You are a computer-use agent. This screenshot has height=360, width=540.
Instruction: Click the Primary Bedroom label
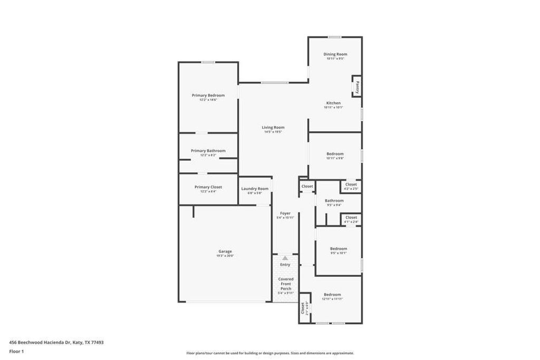pos(208,95)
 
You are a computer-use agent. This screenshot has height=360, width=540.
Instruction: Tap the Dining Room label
pos(335,54)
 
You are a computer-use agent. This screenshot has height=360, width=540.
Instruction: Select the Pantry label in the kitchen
pos(357,86)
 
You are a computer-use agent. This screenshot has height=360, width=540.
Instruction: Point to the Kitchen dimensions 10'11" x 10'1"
pos(333,108)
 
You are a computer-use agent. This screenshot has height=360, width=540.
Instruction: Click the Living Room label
pos(273,128)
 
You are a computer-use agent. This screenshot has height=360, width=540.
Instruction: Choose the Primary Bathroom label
pos(208,151)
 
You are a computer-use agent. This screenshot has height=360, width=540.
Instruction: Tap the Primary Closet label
pos(208,187)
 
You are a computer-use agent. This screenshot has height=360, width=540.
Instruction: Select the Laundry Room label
pos(255,189)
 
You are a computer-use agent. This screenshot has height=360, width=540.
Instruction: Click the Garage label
pos(225,251)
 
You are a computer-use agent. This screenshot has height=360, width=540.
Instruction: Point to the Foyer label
pos(285,213)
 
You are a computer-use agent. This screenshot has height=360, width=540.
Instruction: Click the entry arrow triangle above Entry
pos(285,258)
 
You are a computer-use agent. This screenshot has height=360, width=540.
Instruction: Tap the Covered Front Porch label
pos(286,284)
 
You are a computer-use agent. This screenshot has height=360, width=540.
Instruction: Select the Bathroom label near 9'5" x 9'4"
pos(334,201)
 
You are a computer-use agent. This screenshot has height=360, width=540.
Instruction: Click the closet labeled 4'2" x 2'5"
pos(351,185)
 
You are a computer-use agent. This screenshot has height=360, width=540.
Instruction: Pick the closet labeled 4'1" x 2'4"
pos(351,218)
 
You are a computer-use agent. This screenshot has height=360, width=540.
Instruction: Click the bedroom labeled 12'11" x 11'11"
pos(332,295)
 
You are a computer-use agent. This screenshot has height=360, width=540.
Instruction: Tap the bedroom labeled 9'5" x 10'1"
pos(339,249)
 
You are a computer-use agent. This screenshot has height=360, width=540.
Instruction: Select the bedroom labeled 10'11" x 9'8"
pos(335,154)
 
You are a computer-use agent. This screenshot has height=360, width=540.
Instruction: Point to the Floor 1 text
pos(16,351)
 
